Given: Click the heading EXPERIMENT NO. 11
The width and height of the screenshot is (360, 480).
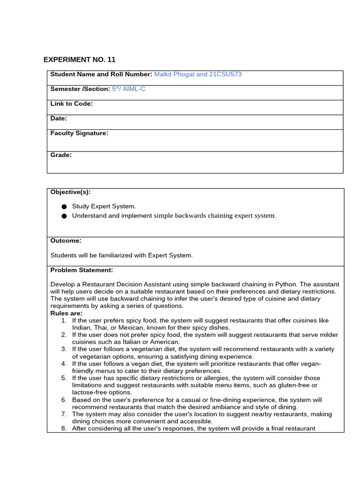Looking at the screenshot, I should (79, 60).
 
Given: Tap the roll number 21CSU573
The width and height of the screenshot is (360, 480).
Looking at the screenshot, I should (224, 74).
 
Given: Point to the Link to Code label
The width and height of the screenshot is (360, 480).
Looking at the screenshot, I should (71, 104).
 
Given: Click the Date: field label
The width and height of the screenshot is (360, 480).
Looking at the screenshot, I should (59, 119).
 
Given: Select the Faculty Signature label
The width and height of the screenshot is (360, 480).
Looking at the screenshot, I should (79, 133).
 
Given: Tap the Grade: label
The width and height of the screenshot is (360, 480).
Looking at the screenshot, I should (61, 155).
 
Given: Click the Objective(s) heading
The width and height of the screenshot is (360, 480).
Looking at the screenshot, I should (70, 192).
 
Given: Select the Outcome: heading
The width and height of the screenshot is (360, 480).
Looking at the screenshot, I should (66, 240).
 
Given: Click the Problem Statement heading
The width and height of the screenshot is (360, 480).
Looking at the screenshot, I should (82, 270).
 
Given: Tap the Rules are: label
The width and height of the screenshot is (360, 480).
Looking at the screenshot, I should (66, 313).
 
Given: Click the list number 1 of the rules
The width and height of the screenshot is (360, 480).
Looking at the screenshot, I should (64, 321).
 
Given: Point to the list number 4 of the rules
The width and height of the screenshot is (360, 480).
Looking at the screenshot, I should (64, 364).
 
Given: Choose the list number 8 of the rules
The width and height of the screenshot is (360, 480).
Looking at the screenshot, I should (64, 428).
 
